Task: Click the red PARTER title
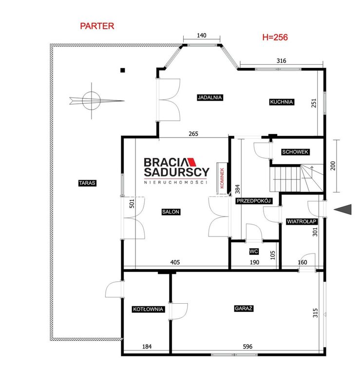coord(97,26)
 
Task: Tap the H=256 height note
coord(275,38)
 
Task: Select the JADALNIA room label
coord(209,97)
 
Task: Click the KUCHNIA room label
coord(282,102)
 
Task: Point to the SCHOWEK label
coord(295,152)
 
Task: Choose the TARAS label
coord(87,183)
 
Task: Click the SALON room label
coord(171,212)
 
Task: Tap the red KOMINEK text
coord(222,178)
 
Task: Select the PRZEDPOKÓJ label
coord(254,201)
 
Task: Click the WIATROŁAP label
coord(302,222)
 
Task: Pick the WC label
coord(254,252)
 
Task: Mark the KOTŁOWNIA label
coord(148,309)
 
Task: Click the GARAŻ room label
coord(244,309)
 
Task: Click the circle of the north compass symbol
coord(91,101)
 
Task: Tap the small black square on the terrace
coord(123,70)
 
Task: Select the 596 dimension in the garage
coord(247,347)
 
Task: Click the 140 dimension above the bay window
coord(201,36)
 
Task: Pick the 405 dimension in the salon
coord(175,262)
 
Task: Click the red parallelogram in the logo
coord(191,162)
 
